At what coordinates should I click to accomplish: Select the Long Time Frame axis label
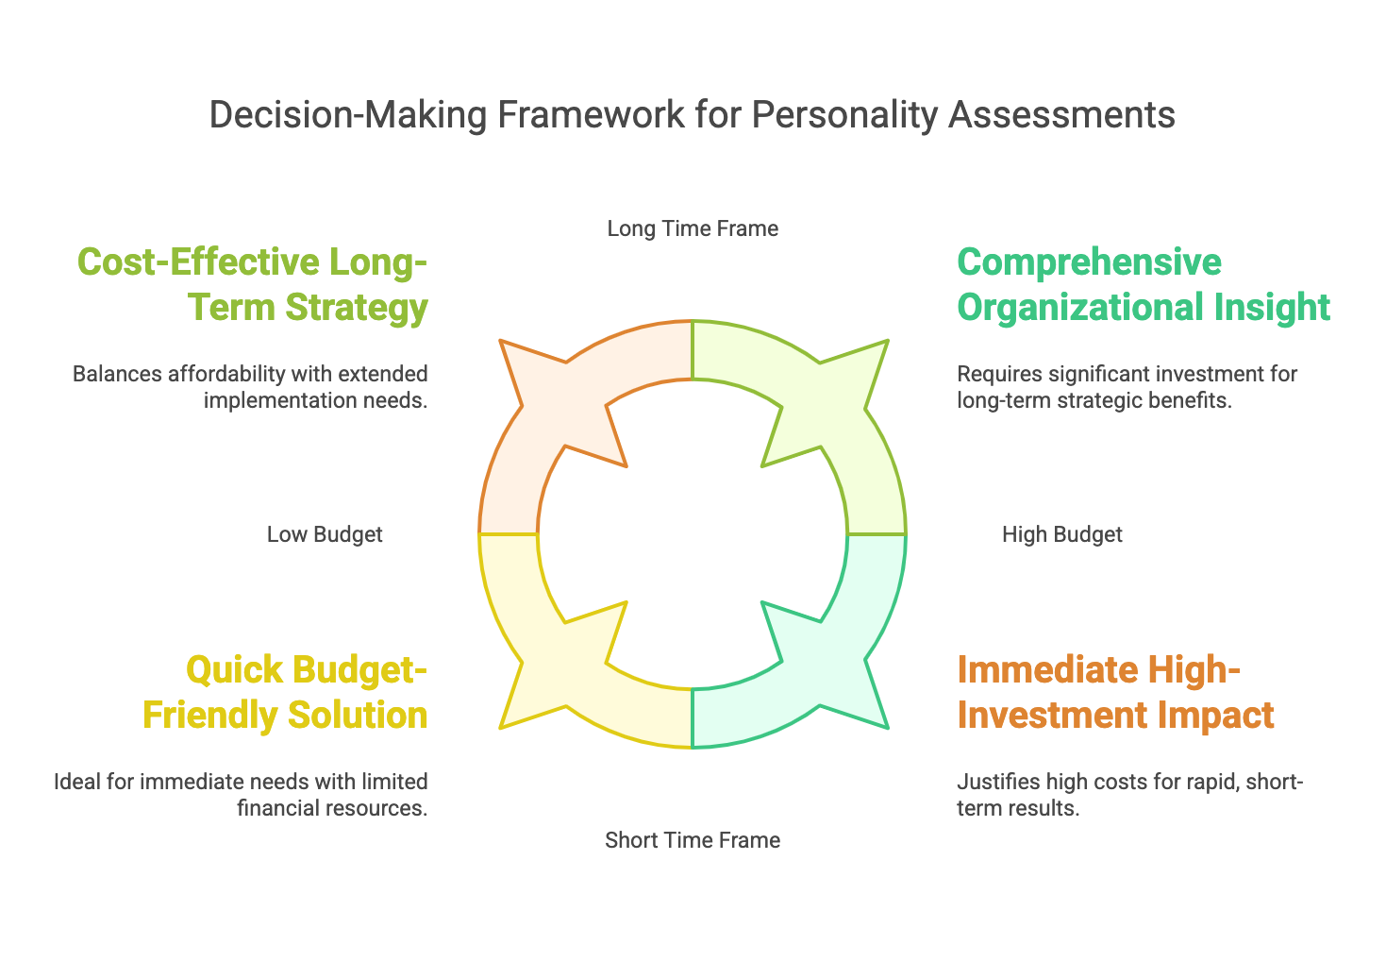(693, 228)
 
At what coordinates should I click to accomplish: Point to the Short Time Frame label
(693, 840)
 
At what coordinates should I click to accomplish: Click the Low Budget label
(325, 534)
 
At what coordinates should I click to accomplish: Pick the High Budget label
(1061, 534)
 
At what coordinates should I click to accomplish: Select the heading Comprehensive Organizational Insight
(1144, 285)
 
